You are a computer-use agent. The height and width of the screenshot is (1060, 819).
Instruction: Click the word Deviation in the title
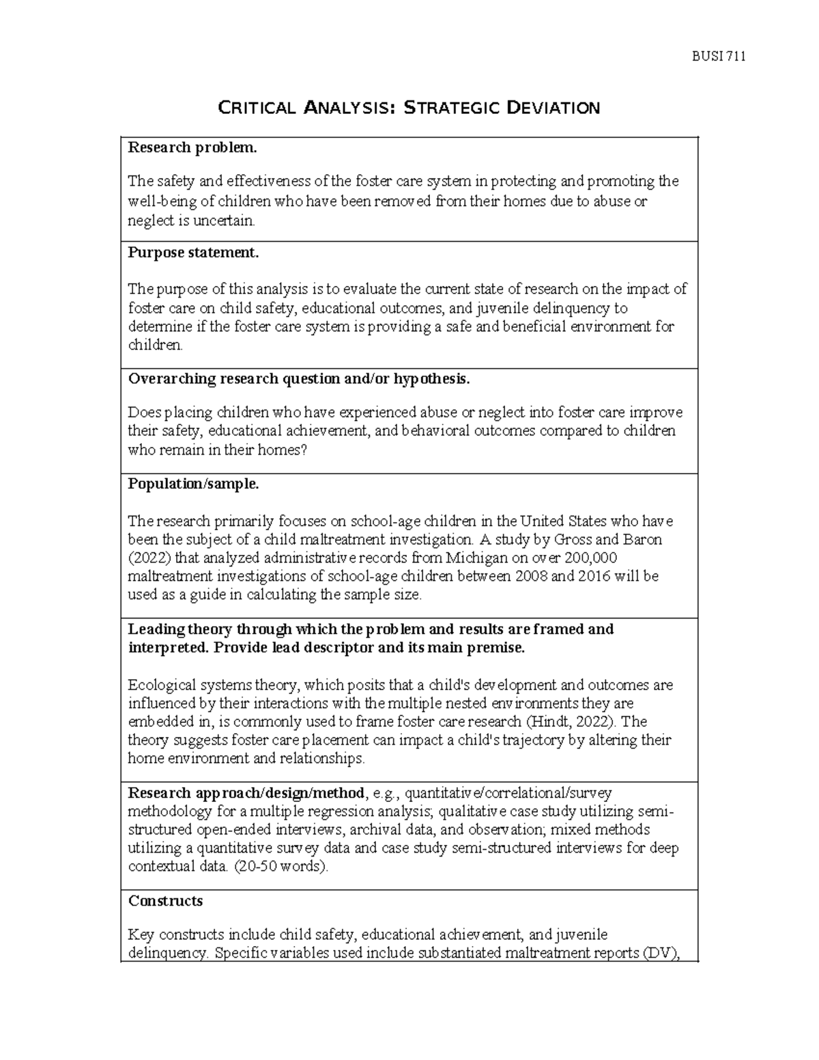[x=554, y=108]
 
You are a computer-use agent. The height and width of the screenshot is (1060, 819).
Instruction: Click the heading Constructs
[x=165, y=901]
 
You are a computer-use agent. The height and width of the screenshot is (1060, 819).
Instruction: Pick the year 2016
[x=596, y=576]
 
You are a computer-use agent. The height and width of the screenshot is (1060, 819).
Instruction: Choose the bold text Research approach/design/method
[x=246, y=793]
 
